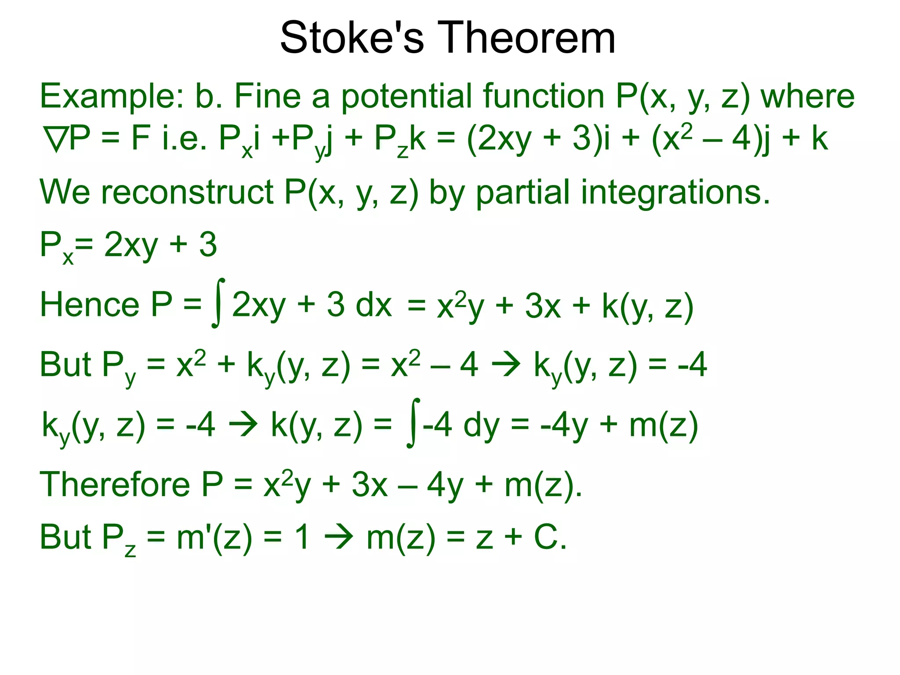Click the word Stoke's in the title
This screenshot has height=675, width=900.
click(x=352, y=38)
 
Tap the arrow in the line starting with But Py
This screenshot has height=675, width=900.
click(x=506, y=365)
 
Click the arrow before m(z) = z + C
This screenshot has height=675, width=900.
click(x=338, y=537)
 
